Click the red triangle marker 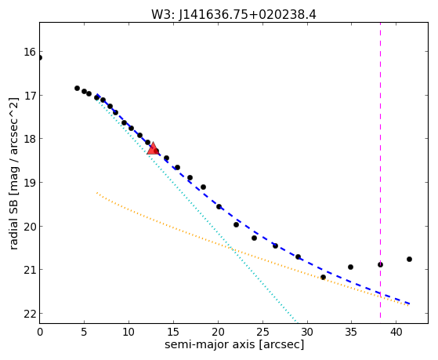point(153,148)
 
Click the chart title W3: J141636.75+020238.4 point(233,14)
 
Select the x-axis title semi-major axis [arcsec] point(234,344)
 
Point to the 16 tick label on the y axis point(30,52)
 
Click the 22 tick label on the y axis point(30,315)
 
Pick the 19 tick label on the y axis point(30,183)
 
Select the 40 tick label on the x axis point(396,332)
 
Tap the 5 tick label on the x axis point(84,332)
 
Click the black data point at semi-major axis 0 point(40,57)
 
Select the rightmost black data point point(409,260)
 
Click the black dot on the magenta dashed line point(380,264)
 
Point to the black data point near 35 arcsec point(350,267)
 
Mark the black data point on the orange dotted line point(323,277)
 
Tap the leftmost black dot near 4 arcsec point(77,88)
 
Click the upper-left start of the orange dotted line point(97,192)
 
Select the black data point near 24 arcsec point(254,238)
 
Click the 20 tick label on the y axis point(30,227)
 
